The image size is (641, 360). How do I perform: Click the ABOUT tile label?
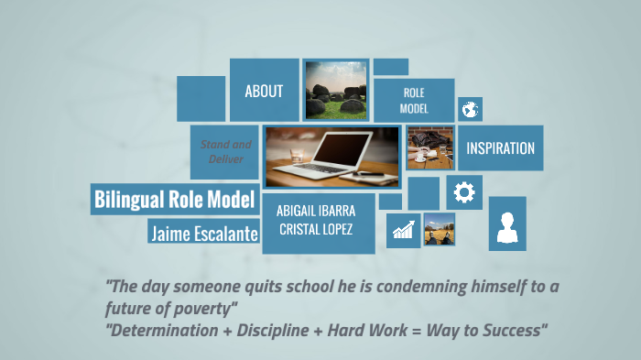click(x=264, y=91)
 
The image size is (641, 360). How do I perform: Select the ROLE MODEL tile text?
click(x=414, y=100)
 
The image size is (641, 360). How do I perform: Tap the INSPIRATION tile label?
click(x=500, y=148)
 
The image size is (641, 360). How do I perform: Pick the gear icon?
click(x=464, y=192)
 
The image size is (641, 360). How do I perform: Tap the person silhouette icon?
click(x=506, y=225)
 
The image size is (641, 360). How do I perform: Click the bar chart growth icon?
click(x=403, y=229)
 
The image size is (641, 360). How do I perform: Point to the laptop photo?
click(x=331, y=157)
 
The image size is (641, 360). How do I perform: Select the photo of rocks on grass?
click(x=335, y=90)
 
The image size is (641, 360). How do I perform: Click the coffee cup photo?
click(x=429, y=147)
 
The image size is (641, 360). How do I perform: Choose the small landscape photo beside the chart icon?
click(x=439, y=229)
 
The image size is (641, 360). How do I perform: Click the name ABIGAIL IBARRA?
click(x=316, y=209)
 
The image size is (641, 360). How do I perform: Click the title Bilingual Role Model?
click(x=173, y=199)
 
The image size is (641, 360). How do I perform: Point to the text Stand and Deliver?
click(x=226, y=151)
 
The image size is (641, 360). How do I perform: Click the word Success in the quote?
click(x=509, y=329)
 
